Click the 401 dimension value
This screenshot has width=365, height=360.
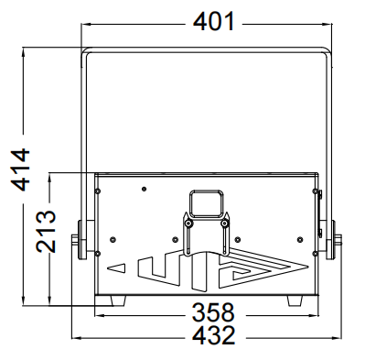214,21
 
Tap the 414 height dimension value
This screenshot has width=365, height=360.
20,169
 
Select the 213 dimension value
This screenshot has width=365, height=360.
46,231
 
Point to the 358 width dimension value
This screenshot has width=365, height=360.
213,312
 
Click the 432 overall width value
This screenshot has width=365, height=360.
214,335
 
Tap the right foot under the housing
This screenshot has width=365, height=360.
295,300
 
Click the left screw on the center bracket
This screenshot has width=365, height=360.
188,224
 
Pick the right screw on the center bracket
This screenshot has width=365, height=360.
225,224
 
